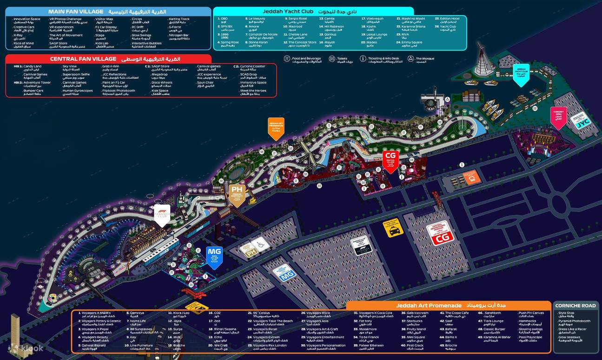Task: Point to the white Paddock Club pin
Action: pyautogui.click(x=162, y=214)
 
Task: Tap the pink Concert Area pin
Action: pyautogui.click(x=558, y=117)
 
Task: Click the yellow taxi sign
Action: pyautogui.click(x=393, y=228)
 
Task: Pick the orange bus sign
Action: pyautogui.click(x=471, y=177)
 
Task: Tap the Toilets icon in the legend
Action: pyautogui.click(x=332, y=59)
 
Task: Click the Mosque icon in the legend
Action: pyautogui.click(x=411, y=59)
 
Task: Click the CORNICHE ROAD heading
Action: pyautogui.click(x=575, y=306)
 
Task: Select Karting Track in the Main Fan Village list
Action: pyautogui.click(x=179, y=19)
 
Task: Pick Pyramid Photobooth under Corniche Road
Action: pyautogui.click(x=574, y=321)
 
